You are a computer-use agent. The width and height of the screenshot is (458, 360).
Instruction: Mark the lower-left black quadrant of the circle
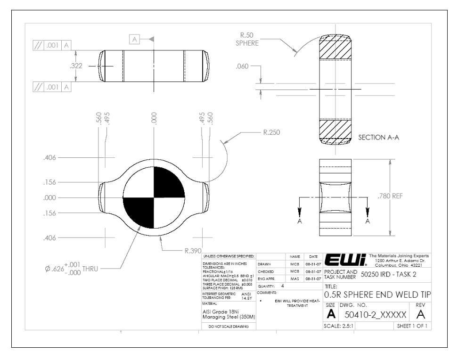tap(139, 213)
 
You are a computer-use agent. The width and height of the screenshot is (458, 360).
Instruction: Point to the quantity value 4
tap(282, 286)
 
